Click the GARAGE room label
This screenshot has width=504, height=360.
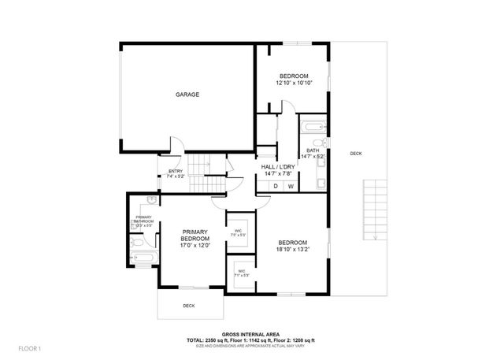point(187,95)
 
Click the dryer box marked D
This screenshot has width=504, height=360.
point(276,186)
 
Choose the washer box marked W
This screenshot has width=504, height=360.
point(291,186)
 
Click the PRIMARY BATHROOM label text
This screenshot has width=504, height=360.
point(143,220)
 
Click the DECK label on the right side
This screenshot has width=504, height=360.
point(356,154)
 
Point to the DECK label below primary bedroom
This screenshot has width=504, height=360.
point(189,306)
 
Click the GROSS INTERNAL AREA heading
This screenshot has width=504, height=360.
point(251,333)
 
